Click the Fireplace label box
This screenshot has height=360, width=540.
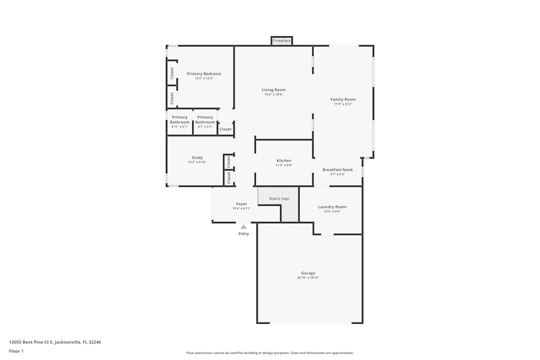click(x=281, y=41)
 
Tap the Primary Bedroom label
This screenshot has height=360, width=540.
click(x=204, y=74)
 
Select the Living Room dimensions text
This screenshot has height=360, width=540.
click(x=274, y=94)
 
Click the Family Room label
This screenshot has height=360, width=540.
click(x=343, y=99)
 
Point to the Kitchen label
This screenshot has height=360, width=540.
click(x=283, y=161)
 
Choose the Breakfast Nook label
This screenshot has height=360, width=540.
click(x=337, y=169)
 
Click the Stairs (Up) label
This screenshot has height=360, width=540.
click(x=279, y=199)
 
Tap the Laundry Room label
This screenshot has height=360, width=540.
click(x=332, y=207)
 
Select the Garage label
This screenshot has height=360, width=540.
click(x=308, y=273)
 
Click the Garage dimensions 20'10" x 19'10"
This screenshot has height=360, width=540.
click(x=308, y=278)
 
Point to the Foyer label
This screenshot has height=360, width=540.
click(x=241, y=204)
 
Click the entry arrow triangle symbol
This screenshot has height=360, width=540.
click(x=244, y=227)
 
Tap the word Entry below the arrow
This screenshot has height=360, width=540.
click(x=244, y=234)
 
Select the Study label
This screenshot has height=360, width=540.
click(x=197, y=158)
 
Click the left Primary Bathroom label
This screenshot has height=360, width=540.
click(x=180, y=120)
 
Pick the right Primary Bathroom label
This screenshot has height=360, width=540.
click(x=205, y=120)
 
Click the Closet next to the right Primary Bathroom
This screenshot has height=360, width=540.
click(x=225, y=129)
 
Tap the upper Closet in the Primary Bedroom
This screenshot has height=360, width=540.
click(x=172, y=73)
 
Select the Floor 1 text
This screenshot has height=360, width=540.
click(x=16, y=351)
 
